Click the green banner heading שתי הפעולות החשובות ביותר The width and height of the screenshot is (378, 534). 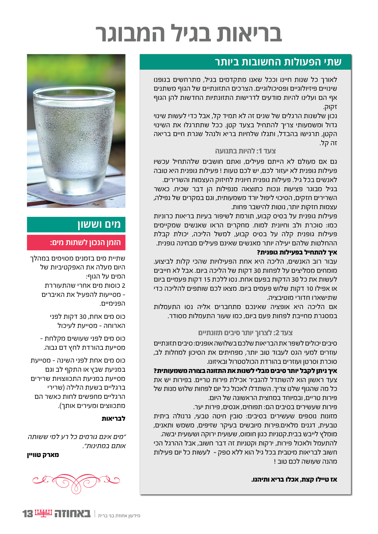coord(278,62)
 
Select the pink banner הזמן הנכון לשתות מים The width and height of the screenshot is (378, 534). coord(85,243)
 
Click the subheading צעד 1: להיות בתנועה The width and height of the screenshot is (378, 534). coord(245,151)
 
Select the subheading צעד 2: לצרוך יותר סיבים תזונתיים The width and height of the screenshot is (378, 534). coord(245,332)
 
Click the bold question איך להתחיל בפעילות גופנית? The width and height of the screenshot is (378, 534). coord(297,252)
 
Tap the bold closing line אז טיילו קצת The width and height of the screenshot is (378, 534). coord(294,480)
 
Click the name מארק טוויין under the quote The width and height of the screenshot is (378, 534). coord(43,455)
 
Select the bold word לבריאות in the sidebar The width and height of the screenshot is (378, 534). coord(113,418)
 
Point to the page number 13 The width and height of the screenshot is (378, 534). coord(27,514)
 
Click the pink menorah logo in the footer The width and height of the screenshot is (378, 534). coord(44,513)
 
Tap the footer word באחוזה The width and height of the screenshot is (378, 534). coord(73,514)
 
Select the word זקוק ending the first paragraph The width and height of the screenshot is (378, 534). coord(330,107)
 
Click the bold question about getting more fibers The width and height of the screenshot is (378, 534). coord(245,371)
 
